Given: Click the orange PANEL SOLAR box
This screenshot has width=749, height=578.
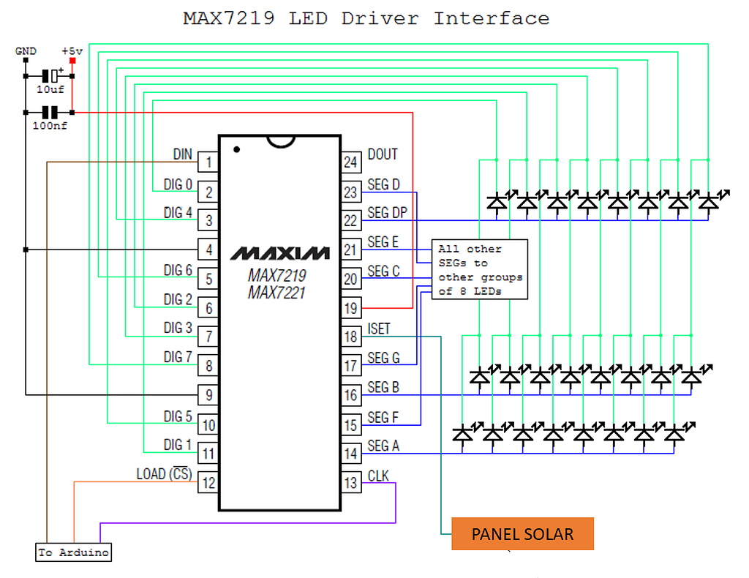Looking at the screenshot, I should (522, 534).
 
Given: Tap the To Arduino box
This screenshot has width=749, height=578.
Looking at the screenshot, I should (74, 552).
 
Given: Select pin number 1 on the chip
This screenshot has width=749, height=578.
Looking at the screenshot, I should (208, 162).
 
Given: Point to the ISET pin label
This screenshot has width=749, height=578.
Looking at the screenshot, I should (379, 329).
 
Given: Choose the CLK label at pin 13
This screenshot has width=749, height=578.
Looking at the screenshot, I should (378, 476).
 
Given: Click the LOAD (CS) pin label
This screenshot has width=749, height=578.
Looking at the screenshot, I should (164, 474).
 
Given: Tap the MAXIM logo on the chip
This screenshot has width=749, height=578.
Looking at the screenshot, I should (280, 253).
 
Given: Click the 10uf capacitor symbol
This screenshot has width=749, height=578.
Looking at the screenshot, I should (50, 76).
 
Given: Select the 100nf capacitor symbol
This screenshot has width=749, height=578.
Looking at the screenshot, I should (50, 113).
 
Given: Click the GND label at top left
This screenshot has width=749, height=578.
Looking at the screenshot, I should (26, 51).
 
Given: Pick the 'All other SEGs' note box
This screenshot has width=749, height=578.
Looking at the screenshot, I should (480, 270).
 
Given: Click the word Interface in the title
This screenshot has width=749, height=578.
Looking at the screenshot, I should (491, 18).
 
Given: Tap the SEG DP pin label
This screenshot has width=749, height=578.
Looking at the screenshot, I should (387, 213).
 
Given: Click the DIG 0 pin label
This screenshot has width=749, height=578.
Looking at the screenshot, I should (178, 184).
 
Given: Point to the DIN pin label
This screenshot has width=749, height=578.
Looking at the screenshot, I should (182, 154).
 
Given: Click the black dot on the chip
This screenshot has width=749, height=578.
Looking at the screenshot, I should (236, 149).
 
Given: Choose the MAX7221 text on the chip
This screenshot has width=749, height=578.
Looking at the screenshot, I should (276, 293).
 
